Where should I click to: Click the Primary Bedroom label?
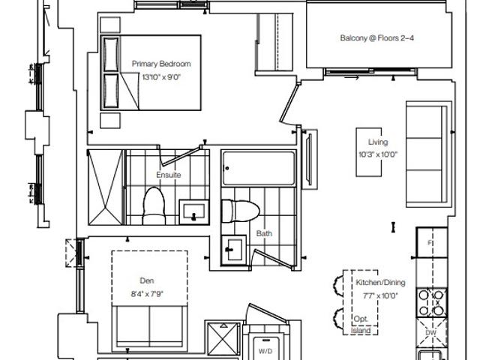pos(161,64)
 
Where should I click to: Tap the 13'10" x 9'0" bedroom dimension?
pos(161,76)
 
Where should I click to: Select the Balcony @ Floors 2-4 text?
pos(376,38)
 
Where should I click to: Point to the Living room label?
pos(378,142)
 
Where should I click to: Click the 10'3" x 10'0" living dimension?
pos(378,154)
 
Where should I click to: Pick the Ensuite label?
pos(168,175)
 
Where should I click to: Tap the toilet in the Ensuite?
pos(153,206)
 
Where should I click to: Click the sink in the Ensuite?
pos(193,211)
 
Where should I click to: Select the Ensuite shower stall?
pos(106,187)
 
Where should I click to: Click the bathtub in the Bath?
pos(259,168)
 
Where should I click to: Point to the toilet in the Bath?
pos(240,211)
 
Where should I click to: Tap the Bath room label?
pos(264,233)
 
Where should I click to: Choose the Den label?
pos(147,280)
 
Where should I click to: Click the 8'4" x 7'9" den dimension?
pos(147,294)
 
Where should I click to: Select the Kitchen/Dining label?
pos(380,283)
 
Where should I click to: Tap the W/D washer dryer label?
pos(265,351)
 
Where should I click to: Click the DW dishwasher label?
pos(430,333)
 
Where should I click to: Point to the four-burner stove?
pos(431,303)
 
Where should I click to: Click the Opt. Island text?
pos(361,325)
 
